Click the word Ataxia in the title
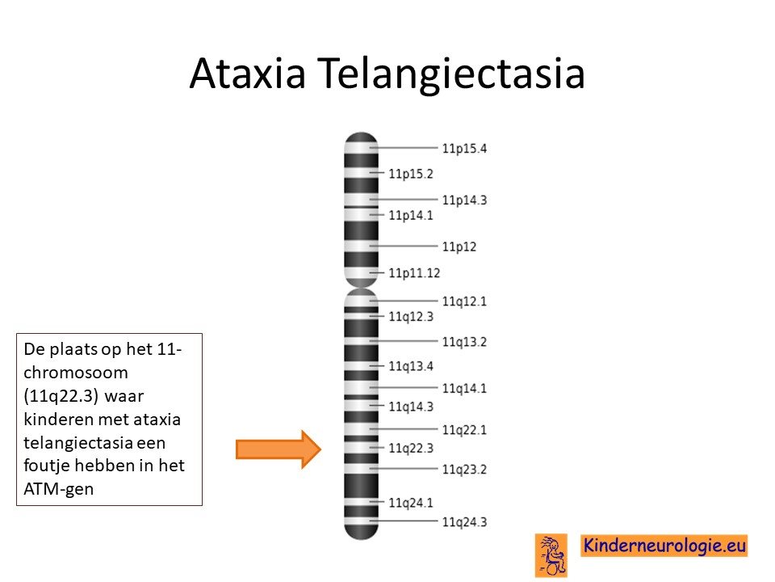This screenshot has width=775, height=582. tap(248, 74)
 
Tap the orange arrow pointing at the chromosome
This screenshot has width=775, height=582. tap(279, 449)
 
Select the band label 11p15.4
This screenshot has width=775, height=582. tap(464, 149)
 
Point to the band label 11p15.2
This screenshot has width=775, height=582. tap(411, 174)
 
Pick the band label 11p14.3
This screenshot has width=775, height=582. tap(464, 200)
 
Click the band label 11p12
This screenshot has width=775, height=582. tap(459, 247)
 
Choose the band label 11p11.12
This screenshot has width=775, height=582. tap(414, 272)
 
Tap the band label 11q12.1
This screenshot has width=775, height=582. tap(464, 302)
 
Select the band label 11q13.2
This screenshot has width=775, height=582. tap(464, 342)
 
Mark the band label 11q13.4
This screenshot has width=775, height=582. tap(411, 366)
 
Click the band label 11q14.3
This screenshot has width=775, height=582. tap(411, 407)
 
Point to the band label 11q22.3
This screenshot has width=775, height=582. tap(411, 449)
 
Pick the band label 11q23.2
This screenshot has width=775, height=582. tap(464, 469)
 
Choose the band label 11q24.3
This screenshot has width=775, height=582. tap(464, 522)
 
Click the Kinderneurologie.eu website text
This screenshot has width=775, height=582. tap(664, 546)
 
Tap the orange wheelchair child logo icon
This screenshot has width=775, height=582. tap(551, 555)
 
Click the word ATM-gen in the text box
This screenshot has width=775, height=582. tap(58, 489)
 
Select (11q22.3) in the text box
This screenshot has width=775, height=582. tap(61, 396)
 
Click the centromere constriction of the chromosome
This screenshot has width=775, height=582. tap(362, 288)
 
